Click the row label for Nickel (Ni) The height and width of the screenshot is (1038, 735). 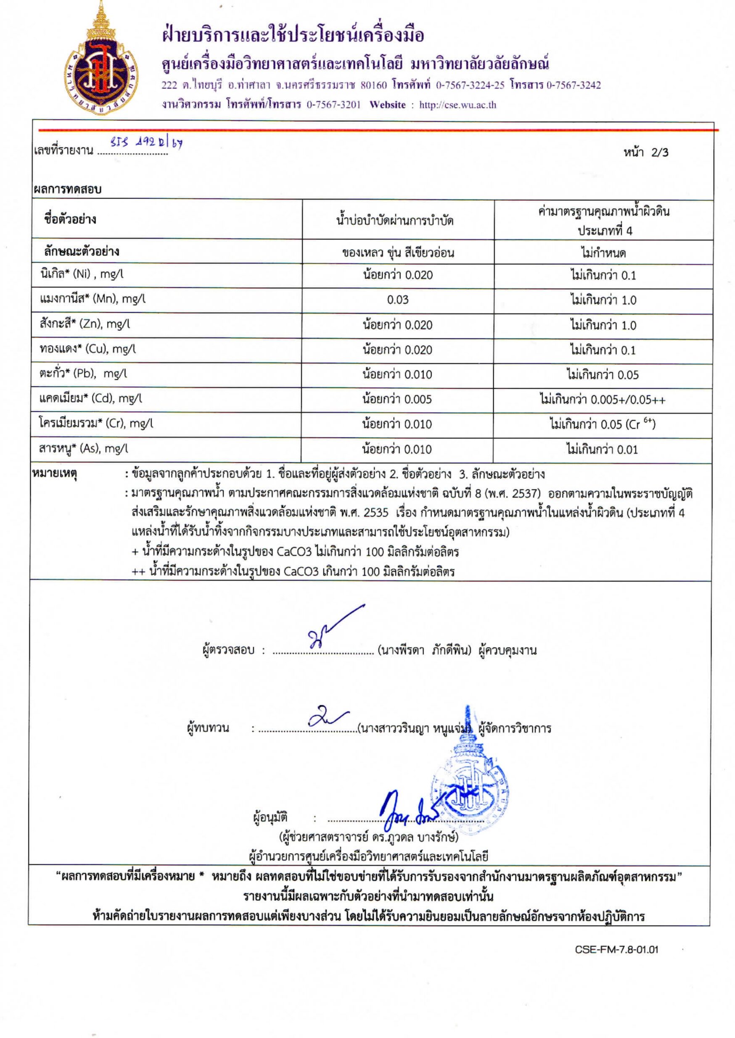(x=82, y=274)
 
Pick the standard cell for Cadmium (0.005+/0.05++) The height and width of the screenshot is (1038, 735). (x=603, y=400)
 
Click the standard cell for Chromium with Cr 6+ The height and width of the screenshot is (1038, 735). (x=603, y=424)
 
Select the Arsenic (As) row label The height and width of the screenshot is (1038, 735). (x=84, y=449)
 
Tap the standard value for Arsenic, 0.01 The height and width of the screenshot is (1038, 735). (x=602, y=450)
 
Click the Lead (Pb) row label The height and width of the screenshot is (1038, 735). (x=83, y=374)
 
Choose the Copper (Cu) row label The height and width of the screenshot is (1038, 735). (x=87, y=349)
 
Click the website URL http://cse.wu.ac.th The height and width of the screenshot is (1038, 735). (x=457, y=105)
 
